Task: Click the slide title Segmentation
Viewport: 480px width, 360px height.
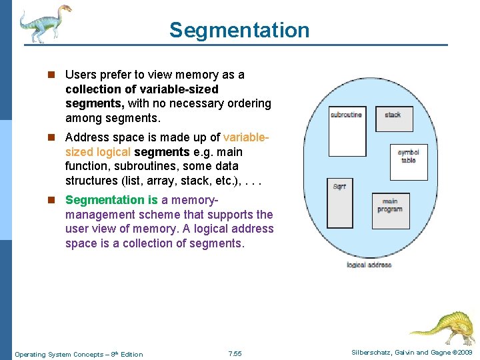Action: point(239,30)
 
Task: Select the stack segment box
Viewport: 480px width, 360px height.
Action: point(393,118)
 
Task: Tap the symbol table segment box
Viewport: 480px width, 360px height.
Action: point(408,162)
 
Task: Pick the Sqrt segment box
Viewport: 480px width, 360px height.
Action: point(339,203)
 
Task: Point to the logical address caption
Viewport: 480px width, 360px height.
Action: point(369,265)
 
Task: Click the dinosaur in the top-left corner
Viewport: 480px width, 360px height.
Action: point(44,23)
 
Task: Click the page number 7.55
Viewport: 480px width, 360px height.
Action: point(235,354)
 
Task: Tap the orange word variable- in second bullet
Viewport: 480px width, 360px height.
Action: point(246,137)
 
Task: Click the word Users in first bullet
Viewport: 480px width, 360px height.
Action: point(81,75)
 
